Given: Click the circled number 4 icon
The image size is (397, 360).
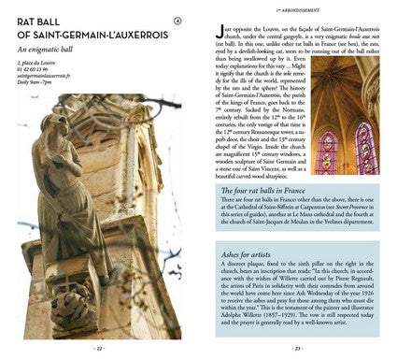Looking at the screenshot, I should click(178, 20).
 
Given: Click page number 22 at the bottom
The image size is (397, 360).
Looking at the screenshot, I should click(99, 349).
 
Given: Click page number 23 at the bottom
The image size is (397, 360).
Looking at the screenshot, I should click(298, 349).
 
